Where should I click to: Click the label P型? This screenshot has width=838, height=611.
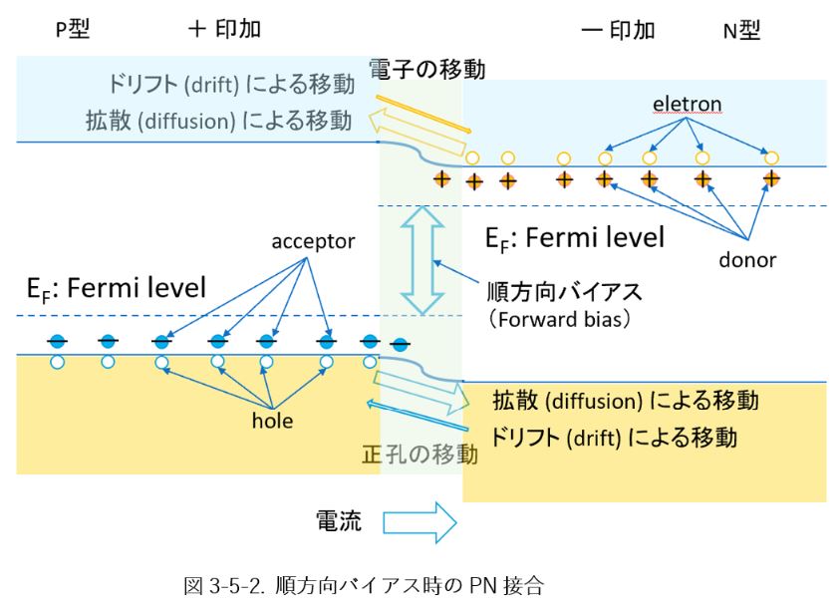point(72,30)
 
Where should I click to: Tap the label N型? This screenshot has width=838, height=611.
point(741,30)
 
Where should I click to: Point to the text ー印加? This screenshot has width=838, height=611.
point(618,30)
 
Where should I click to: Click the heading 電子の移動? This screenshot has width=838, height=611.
point(426,71)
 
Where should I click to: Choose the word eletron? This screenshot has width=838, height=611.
point(687,104)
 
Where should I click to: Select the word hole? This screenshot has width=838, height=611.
point(272,421)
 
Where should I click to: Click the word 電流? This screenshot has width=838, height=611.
point(339,520)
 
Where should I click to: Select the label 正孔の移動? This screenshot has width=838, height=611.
point(419,456)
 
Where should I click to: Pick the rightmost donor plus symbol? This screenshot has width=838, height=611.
point(770,179)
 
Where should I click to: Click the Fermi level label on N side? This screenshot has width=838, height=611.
point(574,238)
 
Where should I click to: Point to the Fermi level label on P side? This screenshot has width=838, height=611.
point(116,290)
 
